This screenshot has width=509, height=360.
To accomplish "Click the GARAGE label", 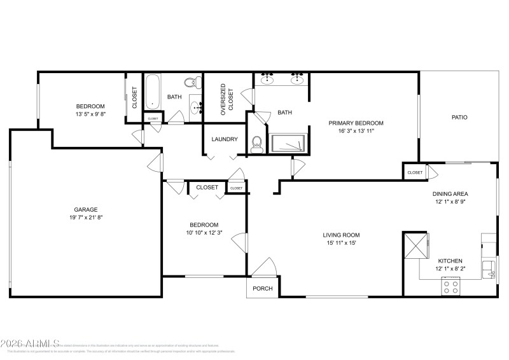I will pyautogui.click(x=85, y=209).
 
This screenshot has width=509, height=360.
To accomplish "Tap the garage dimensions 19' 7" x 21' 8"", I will pyautogui.click(x=85, y=218).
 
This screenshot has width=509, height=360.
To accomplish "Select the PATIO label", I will pyautogui.click(x=459, y=117).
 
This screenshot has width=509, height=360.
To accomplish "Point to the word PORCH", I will pyautogui.click(x=263, y=289).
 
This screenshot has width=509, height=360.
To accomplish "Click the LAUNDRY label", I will pyautogui.click(x=225, y=139).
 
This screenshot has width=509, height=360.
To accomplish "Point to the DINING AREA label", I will pyautogui.click(x=451, y=194).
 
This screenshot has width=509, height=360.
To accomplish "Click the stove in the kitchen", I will pyautogui.click(x=451, y=288).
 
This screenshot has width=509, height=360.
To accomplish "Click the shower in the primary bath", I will pyautogui.click(x=289, y=144).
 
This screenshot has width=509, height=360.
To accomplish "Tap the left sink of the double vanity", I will pyautogui.click(x=268, y=80).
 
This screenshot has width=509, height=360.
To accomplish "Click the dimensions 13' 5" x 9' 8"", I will pyautogui.click(x=90, y=114).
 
